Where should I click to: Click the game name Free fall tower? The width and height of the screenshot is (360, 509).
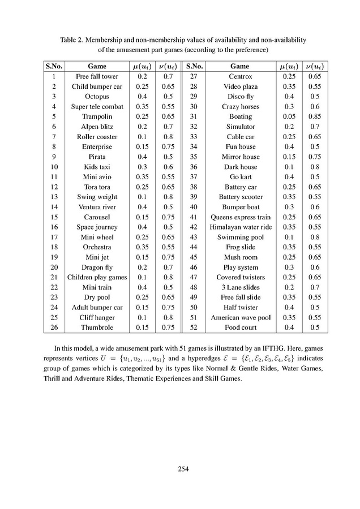coord(97,76)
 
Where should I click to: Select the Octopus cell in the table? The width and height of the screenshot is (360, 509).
coord(97,97)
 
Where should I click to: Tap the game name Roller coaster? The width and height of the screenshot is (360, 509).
coord(97,137)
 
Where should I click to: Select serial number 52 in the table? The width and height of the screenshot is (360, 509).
coord(194,328)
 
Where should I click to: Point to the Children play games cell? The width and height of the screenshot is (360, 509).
coord(97,278)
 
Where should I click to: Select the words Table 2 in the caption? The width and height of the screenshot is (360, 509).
coord(72,40)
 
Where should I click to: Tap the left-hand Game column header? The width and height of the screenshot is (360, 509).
coord(97,66)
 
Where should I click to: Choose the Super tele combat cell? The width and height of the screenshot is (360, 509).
coord(97,106)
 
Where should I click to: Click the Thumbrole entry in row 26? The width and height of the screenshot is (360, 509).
coord(97,328)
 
